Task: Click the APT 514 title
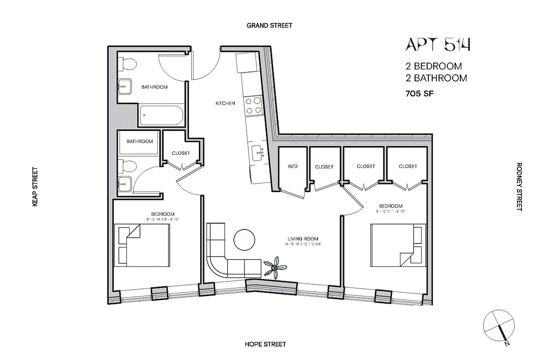point(438,45)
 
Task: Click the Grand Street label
point(269,26)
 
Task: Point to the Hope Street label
point(265,344)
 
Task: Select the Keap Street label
point(35,187)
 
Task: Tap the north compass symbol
point(498,325)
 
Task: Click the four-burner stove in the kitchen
point(253,105)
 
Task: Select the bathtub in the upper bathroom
point(161,116)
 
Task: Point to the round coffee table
point(246,239)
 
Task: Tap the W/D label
point(293,166)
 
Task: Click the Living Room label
point(303,238)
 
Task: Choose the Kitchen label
point(225,103)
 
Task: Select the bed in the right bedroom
point(398,245)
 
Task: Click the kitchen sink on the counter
point(259,153)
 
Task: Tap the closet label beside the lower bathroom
point(181,153)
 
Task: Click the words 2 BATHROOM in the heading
point(436,78)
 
